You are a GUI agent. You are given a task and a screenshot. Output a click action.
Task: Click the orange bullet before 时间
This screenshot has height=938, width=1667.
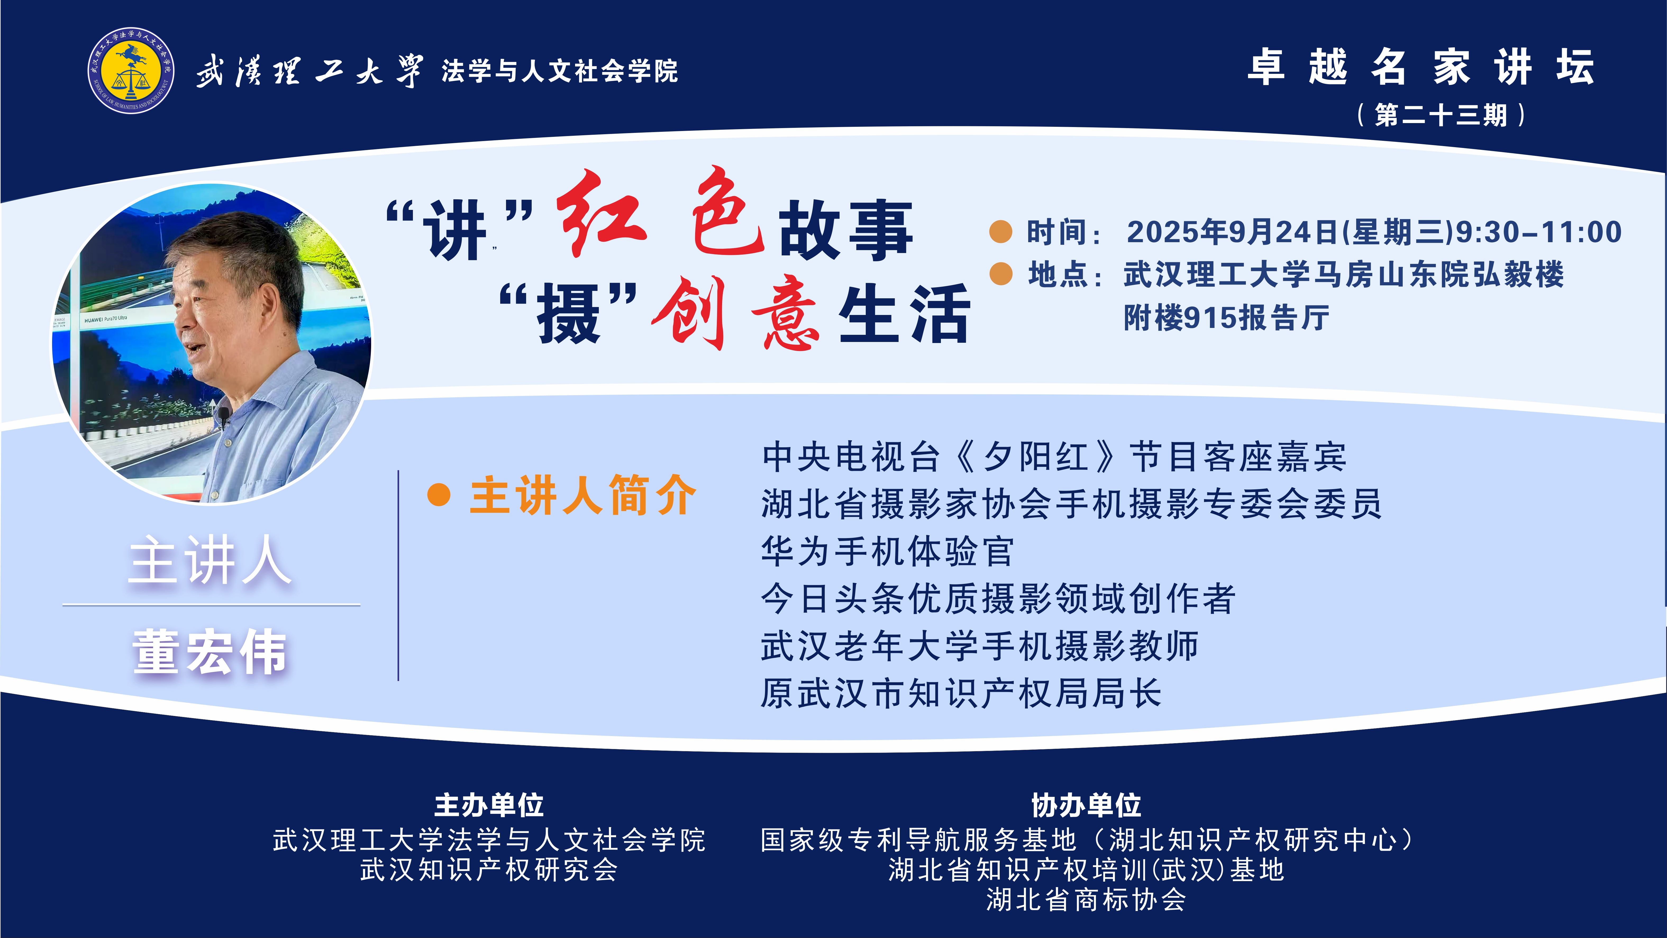tap(1000, 232)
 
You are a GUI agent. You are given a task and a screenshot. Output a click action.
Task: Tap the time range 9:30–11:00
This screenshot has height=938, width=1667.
tap(1539, 232)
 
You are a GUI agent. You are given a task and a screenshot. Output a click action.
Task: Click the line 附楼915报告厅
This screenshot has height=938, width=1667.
tap(1226, 317)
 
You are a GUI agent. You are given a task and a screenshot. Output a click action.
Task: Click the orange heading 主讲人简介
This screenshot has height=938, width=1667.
tap(582, 495)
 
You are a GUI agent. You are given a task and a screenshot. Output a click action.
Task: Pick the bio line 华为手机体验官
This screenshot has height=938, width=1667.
tap(888, 551)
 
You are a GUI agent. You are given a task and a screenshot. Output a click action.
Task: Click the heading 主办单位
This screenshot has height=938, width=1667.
tap(489, 805)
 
